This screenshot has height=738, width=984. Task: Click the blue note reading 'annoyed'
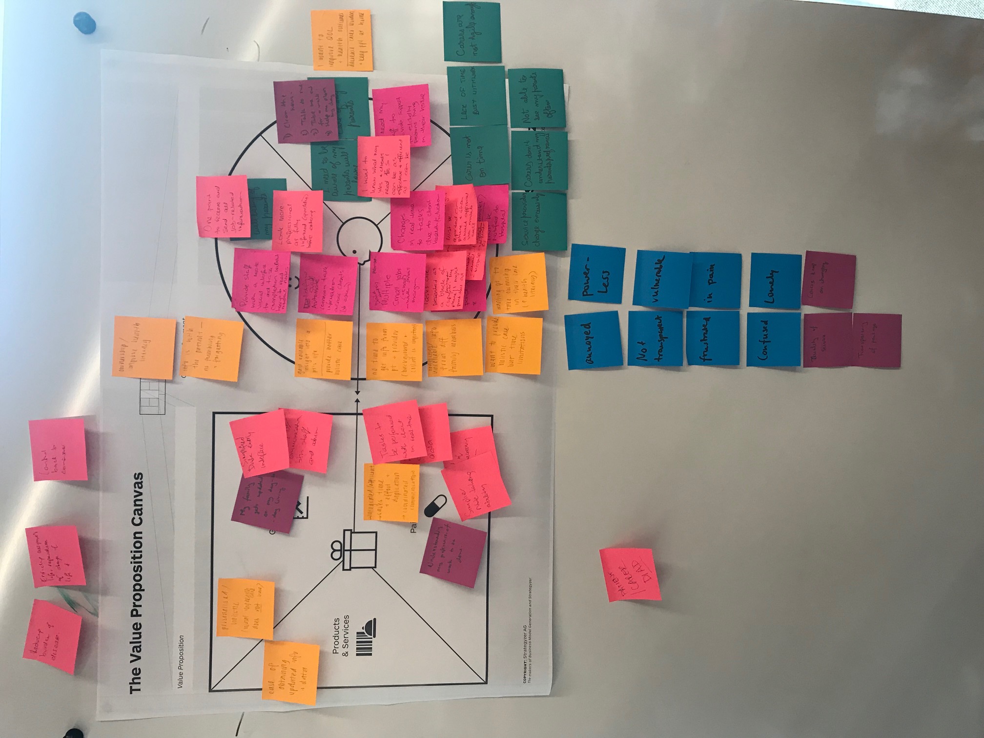pos(594,341)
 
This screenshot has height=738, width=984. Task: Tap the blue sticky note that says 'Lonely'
pos(775,281)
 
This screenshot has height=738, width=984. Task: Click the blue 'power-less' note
pos(596,273)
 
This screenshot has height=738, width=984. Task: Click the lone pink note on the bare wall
pos(630,575)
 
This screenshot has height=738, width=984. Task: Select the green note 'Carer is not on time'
pos(479,156)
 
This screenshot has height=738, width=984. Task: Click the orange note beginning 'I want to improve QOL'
pos(342,40)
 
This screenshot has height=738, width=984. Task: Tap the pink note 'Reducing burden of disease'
pos(52,636)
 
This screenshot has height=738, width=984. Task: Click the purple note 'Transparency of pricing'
pos(876,341)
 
